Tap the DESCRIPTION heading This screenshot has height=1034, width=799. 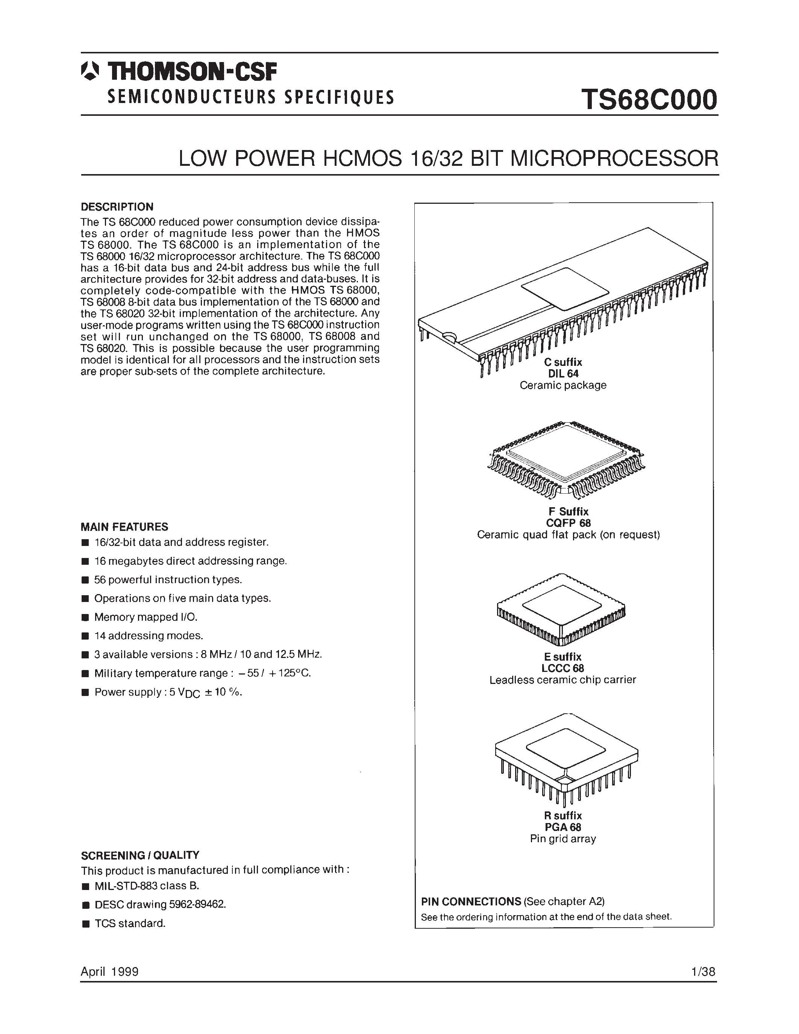[x=117, y=207]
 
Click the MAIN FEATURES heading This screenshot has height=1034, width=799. [x=124, y=527]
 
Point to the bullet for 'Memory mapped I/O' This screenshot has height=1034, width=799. [x=85, y=617]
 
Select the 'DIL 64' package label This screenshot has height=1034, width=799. [x=563, y=373]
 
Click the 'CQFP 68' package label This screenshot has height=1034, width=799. [x=569, y=523]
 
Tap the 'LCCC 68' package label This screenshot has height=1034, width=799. [x=562, y=668]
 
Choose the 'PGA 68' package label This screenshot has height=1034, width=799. [x=562, y=827]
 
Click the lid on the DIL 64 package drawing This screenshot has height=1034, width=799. [x=565, y=289]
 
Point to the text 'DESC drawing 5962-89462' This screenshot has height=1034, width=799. [x=160, y=904]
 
